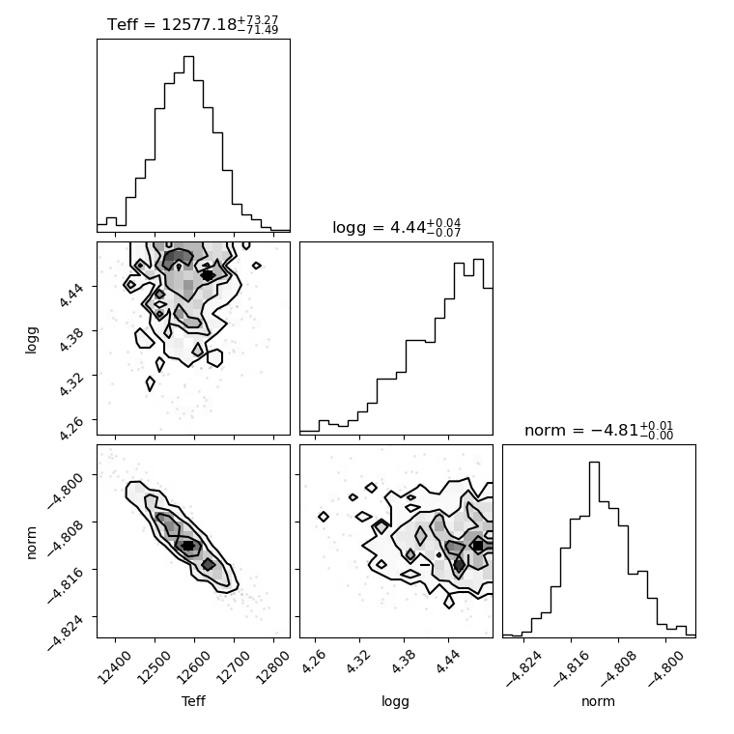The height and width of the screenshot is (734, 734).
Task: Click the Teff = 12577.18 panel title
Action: [193, 24]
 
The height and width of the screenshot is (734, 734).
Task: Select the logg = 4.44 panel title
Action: [397, 228]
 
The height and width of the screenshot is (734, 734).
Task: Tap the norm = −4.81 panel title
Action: [599, 430]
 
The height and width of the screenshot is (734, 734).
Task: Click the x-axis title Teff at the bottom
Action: [193, 701]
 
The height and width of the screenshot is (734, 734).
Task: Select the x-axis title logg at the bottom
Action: [396, 702]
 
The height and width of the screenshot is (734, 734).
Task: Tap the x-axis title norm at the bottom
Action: [598, 701]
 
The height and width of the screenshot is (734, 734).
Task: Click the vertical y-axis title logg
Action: [31, 340]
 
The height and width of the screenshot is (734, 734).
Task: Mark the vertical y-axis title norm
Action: [31, 543]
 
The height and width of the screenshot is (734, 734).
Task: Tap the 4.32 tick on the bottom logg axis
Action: [358, 662]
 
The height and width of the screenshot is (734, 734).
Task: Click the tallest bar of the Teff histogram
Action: [188, 144]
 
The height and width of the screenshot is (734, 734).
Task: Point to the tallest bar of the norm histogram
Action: [595, 549]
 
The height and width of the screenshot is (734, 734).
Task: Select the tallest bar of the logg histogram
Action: [478, 347]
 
